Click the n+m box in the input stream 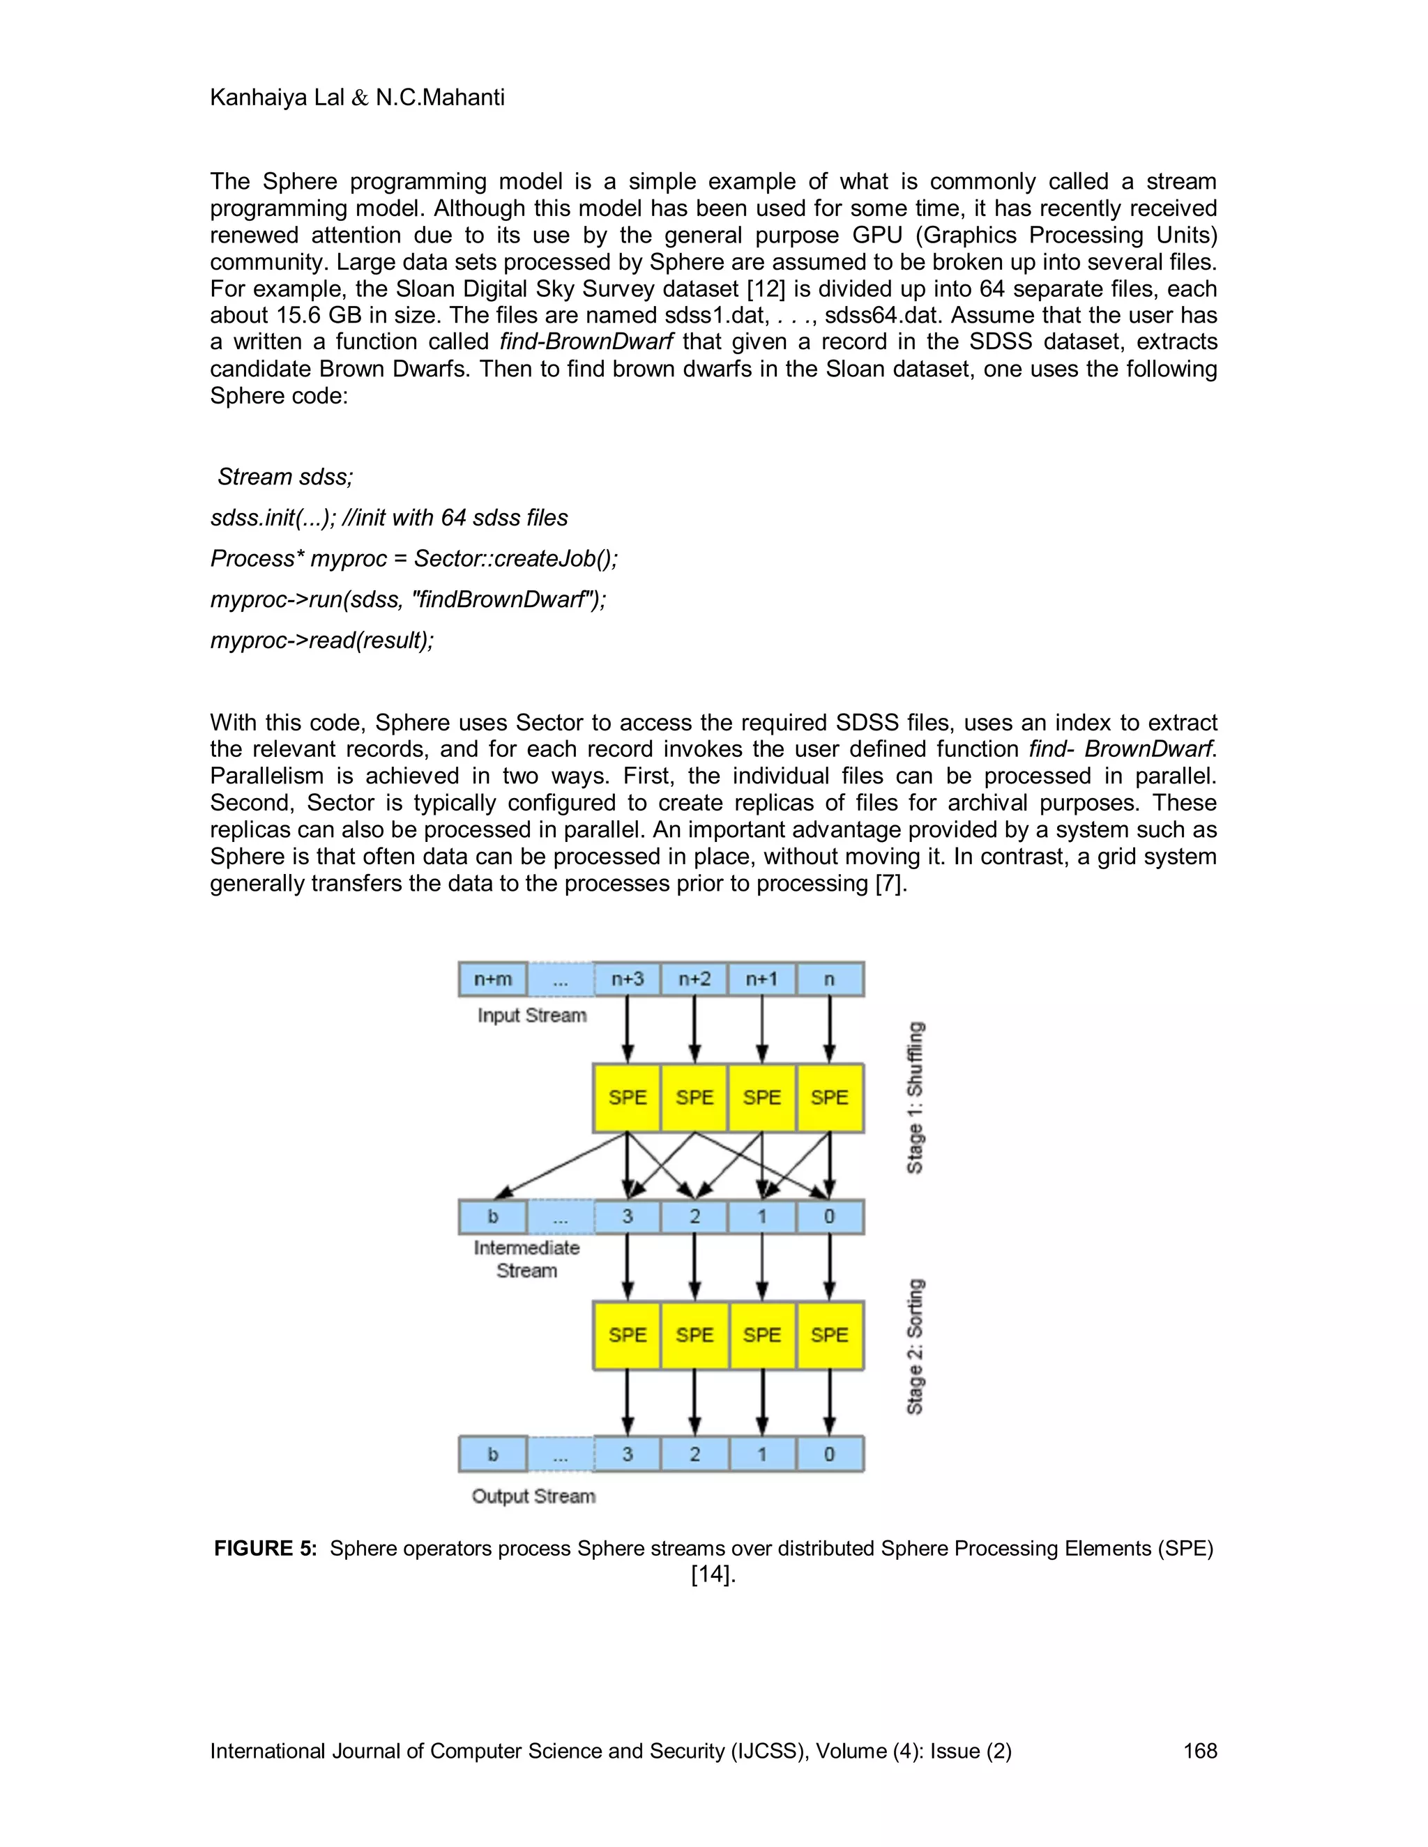click(x=492, y=979)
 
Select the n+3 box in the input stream click(x=627, y=979)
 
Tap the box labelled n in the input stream click(x=829, y=979)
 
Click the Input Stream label click(x=531, y=1015)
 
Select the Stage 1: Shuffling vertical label click(x=916, y=1097)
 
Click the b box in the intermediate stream click(x=492, y=1217)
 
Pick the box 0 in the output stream click(x=829, y=1455)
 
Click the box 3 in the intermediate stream click(x=627, y=1217)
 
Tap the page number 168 click(x=1199, y=1751)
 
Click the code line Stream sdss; click(x=285, y=477)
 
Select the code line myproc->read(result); click(x=321, y=641)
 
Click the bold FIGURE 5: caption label click(x=265, y=1549)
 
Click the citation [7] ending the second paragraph click(x=891, y=884)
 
